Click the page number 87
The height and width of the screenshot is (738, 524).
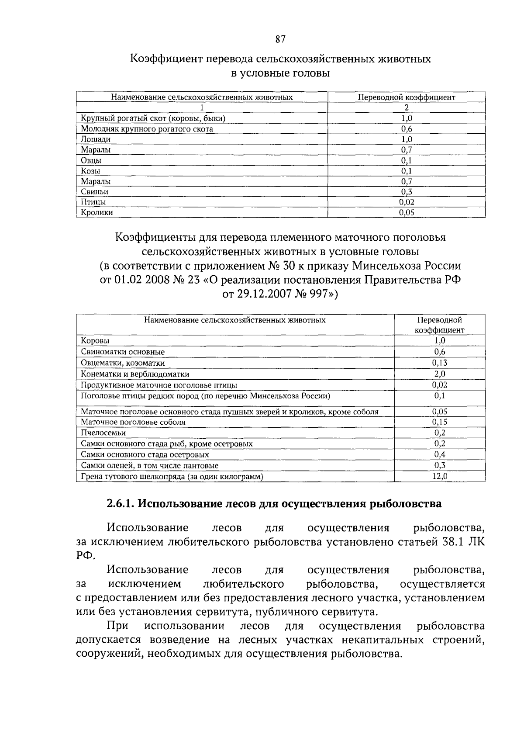tap(280, 39)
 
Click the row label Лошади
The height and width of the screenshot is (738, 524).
tap(96, 139)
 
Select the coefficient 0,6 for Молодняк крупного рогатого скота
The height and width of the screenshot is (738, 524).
tap(407, 129)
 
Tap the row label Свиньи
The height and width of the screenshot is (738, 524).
tap(94, 192)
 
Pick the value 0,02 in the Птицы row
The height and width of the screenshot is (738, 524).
tap(407, 202)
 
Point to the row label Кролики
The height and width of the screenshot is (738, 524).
tap(97, 213)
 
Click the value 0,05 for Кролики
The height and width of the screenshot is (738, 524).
tap(407, 213)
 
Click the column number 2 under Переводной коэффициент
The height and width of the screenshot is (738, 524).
tap(407, 107)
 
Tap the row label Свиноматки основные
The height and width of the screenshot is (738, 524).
tap(123, 352)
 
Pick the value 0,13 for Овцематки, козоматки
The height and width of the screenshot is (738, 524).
tap(440, 363)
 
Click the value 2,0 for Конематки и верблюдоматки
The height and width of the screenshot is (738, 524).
tap(440, 374)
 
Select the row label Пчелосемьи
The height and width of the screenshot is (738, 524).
tap(103, 433)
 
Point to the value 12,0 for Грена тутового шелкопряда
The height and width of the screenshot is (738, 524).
tap(440, 476)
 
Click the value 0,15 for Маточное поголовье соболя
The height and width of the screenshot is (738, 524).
tap(440, 422)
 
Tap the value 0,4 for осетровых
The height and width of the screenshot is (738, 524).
tap(440, 454)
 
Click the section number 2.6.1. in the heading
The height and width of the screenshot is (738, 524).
tap(121, 504)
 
